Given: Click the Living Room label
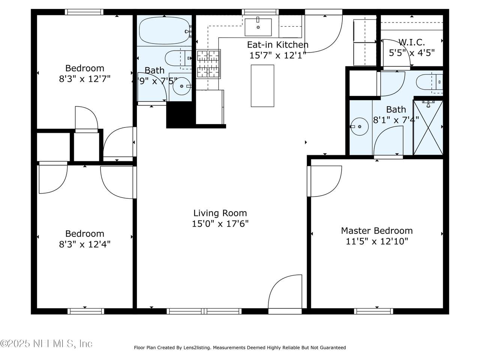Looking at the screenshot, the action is pos(220,213).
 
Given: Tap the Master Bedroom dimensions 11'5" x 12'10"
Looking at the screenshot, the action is pos(377,241).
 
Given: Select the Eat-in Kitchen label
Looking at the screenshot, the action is pos(278,45).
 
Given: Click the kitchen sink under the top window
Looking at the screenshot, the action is pos(258,27).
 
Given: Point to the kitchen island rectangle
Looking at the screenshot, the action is pos(262,85).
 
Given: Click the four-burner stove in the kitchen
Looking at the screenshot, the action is pos(208,64).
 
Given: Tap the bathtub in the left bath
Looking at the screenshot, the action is pos(165,31).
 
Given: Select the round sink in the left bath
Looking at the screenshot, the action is pos(181,86).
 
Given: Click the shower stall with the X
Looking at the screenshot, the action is pos(428,127).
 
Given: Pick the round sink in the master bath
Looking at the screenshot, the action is pos(360,126).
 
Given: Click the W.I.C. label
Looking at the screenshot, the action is pos(411,42).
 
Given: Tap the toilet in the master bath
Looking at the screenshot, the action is pos(429,82).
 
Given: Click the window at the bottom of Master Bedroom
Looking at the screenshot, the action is pos(373,311).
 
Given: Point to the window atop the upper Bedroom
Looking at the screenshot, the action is pos(84,12).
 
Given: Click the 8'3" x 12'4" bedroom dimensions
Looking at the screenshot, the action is pos(85,244).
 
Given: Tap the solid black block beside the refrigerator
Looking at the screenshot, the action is pos(181,115).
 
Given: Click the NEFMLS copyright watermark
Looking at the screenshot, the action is pos(46,344).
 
